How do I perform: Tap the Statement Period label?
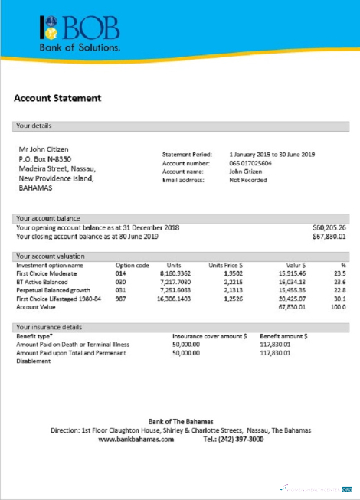187,155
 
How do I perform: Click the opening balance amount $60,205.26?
329,227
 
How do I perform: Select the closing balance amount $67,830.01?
329,237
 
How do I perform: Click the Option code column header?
132,265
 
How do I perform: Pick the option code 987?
120,299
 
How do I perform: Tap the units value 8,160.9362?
175,273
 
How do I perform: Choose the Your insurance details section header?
49,327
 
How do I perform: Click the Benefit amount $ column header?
284,336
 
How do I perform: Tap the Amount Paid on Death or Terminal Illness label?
73,345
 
